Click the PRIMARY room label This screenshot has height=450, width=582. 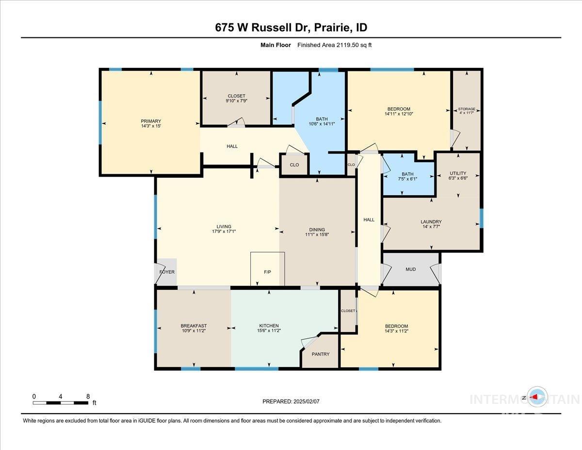151,121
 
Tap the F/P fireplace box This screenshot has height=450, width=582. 267,271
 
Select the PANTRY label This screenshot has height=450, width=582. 321,354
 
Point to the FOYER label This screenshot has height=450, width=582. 167,272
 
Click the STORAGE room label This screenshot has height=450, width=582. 467,109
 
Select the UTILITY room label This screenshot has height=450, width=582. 457,173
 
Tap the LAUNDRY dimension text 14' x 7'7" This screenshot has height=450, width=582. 431,227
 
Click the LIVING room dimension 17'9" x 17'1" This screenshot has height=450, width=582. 224,232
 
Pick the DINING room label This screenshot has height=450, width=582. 317,230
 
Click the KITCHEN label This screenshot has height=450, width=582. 269,326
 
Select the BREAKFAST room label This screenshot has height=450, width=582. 194,326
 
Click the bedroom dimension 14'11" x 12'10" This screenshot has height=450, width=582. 399,114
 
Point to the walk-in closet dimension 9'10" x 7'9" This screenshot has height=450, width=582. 236,101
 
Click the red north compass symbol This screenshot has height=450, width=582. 537,397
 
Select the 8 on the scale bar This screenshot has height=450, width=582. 88,396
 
